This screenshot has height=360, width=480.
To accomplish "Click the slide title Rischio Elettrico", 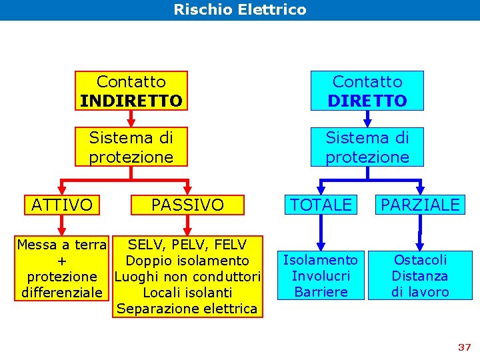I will pyautogui.click(x=240, y=10).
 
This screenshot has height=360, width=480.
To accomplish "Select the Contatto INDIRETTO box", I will pyautogui.click(x=131, y=91).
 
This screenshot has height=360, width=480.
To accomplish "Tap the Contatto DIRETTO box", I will pyautogui.click(x=367, y=91).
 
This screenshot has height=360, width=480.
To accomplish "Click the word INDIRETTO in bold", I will pyautogui.click(x=131, y=101).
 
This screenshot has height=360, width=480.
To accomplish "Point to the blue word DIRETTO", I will pyautogui.click(x=367, y=101).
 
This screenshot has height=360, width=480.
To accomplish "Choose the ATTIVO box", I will pyautogui.click(x=62, y=205).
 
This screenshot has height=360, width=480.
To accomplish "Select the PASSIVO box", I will pyautogui.click(x=187, y=205).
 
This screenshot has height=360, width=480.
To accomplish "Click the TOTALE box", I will pyautogui.click(x=321, y=205).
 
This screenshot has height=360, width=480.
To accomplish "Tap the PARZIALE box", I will pyautogui.click(x=420, y=205).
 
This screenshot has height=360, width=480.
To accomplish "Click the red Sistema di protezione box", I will pyautogui.click(x=131, y=147).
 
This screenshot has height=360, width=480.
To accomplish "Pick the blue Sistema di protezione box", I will pyautogui.click(x=367, y=147).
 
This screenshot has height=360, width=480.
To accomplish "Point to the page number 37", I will pyautogui.click(x=465, y=347).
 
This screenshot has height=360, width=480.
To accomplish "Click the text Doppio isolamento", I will pyautogui.click(x=187, y=261).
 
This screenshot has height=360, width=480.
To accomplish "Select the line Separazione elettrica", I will pyautogui.click(x=187, y=309).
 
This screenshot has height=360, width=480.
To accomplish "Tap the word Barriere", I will pyautogui.click(x=321, y=292).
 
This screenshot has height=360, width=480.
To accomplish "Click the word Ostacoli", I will pyautogui.click(x=420, y=260).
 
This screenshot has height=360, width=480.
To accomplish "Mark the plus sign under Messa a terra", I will pyautogui.click(x=62, y=261).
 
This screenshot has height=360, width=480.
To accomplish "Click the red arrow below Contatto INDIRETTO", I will pyautogui.click(x=131, y=119).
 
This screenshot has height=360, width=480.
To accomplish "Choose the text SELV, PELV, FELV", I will pyautogui.click(x=187, y=245).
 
